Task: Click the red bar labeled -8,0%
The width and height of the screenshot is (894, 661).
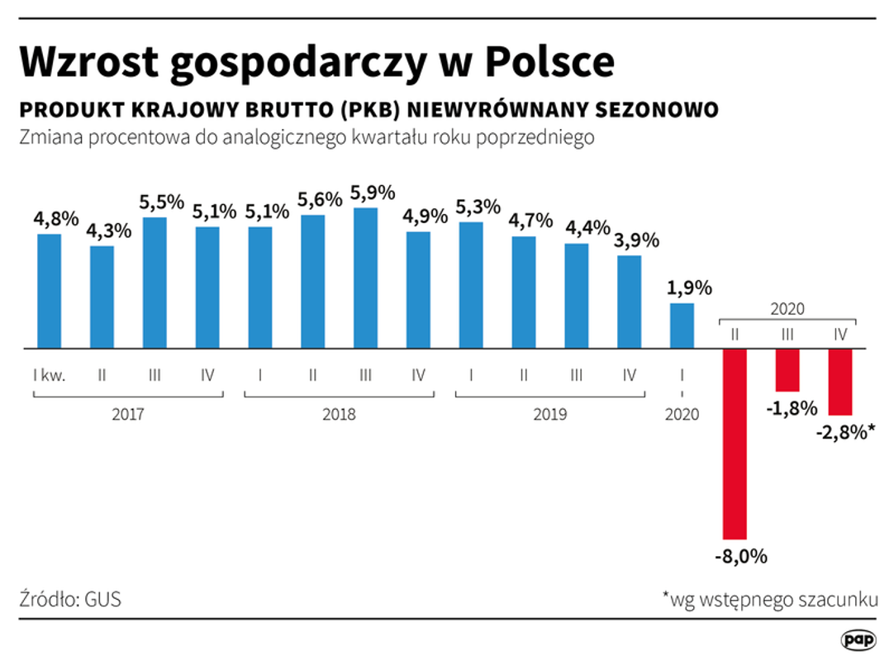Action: [x=735, y=444]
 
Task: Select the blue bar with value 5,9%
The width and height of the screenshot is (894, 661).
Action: [x=365, y=278]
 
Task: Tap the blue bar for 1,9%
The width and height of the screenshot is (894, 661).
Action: [x=682, y=326]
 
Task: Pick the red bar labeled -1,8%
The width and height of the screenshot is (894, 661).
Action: [x=787, y=370]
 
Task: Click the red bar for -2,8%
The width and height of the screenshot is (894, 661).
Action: [x=840, y=382]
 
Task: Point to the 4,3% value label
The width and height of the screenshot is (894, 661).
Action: [x=108, y=231]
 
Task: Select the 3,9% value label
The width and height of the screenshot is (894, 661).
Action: [x=636, y=240]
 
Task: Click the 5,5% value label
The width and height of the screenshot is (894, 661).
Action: [x=161, y=203]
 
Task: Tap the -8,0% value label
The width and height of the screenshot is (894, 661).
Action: [x=740, y=556]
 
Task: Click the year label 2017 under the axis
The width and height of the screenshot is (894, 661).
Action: [x=127, y=414]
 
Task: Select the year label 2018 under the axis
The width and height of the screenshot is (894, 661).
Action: [x=339, y=414]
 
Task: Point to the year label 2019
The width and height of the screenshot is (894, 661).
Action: [x=550, y=414]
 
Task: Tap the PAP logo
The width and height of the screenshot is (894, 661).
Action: [x=858, y=640]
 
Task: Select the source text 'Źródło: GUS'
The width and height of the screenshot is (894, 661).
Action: [x=69, y=599]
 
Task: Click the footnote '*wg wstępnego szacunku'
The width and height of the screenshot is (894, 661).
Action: [x=769, y=599]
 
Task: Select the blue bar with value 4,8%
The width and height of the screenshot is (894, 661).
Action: [x=49, y=291]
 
